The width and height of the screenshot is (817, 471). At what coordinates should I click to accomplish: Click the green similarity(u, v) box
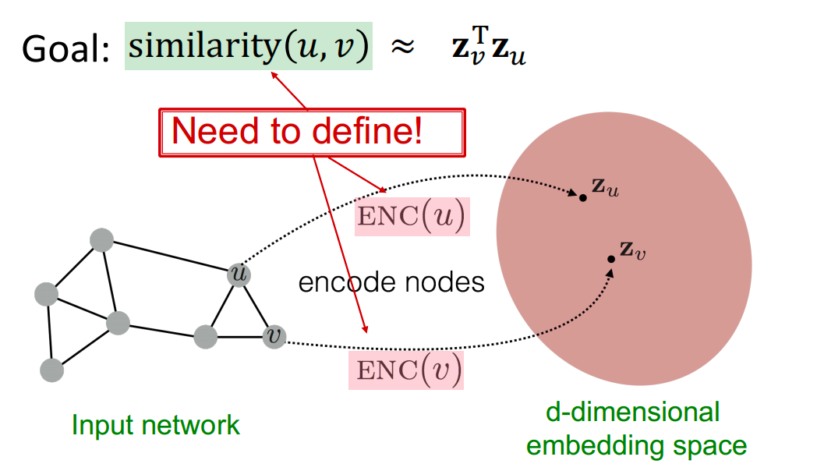pos(248,48)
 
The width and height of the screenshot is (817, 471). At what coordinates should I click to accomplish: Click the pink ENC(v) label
pos(406,370)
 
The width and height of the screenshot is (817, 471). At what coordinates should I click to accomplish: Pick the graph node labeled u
pos(239,274)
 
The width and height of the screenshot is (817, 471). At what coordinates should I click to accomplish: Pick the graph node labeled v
pos(274,336)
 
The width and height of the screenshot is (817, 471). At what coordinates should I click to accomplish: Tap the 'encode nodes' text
pos(391,282)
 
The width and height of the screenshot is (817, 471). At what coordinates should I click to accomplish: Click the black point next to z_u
pos(582,199)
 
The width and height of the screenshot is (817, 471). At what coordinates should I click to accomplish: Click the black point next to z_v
pos(612,259)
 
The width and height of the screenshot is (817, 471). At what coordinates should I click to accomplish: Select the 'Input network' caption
pos(156,425)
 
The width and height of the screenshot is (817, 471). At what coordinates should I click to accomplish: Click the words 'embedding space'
pos(636,445)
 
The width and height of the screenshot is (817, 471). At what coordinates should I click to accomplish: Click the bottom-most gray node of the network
pos(51,370)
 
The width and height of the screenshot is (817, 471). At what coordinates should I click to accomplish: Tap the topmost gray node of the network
pos(102,240)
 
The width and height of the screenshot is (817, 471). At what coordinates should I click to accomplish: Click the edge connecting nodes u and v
pos(257,306)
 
